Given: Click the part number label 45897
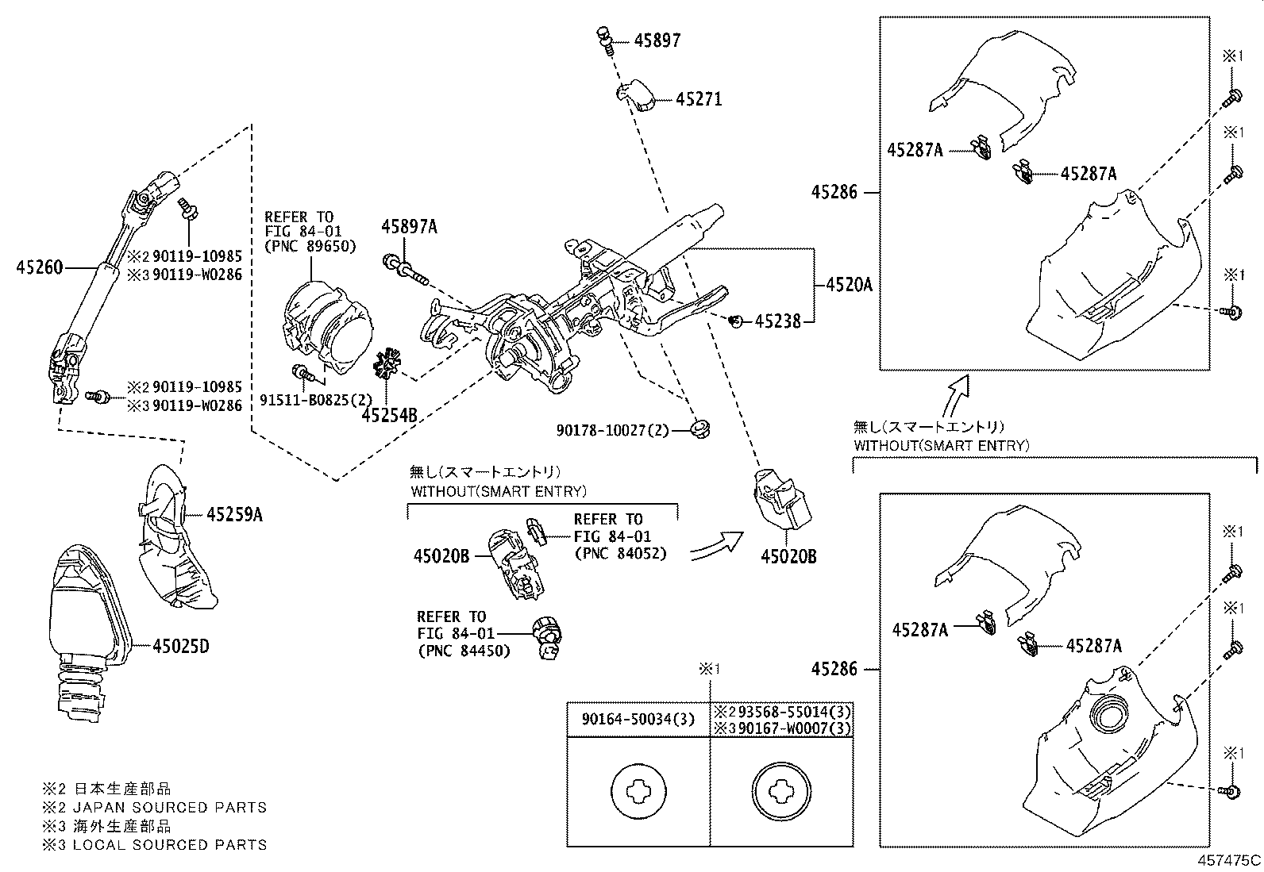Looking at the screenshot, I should (657, 40).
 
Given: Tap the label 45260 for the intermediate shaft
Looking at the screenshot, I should (39, 267).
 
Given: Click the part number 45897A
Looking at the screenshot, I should (409, 227).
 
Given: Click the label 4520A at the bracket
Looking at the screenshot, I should (848, 284).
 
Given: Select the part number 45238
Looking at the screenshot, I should (778, 321).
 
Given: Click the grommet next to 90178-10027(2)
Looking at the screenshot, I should (699, 429).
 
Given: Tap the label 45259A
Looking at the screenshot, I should (234, 515).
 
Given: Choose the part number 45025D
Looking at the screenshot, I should (181, 647).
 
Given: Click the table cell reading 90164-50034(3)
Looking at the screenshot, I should (638, 720).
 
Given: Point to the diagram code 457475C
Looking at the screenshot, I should (1229, 860).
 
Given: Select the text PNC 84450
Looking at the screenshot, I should (464, 651).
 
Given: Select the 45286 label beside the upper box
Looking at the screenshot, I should (834, 192).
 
